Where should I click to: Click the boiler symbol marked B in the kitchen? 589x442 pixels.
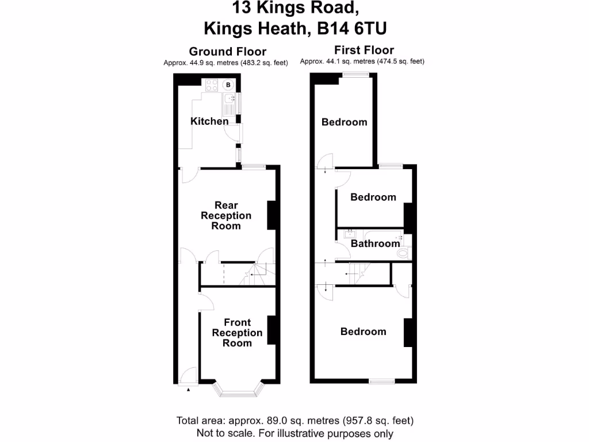click(x=228, y=85)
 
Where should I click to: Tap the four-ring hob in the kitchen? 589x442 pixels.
click(x=212, y=85)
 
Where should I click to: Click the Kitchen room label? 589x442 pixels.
click(x=209, y=121)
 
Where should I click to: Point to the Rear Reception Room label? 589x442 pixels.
click(x=225, y=216)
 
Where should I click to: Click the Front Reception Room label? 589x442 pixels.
click(x=237, y=333)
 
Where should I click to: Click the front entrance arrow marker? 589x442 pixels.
click(x=188, y=390)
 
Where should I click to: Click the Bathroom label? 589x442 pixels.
click(x=375, y=243)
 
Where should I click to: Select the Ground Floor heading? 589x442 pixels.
click(x=228, y=52)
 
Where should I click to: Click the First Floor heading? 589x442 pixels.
click(x=364, y=50)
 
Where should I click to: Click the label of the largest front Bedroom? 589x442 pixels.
click(x=363, y=331)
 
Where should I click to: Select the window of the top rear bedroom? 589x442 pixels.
click(x=354, y=73)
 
